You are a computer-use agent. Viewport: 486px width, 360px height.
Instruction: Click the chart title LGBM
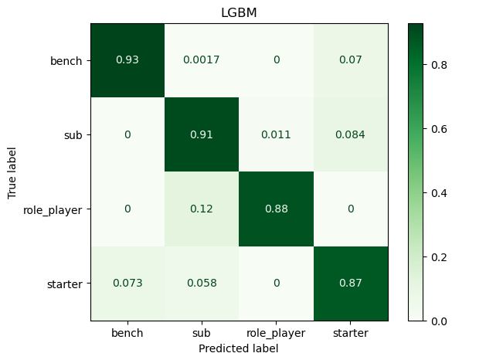tap(240, 13)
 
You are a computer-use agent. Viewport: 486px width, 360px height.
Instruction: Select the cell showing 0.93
tap(127, 60)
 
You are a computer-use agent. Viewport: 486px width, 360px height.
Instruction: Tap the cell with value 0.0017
tap(202, 60)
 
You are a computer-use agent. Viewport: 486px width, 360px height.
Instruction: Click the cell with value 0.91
tap(202, 134)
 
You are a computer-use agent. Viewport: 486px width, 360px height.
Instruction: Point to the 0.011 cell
tap(277, 134)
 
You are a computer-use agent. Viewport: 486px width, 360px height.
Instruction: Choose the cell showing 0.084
tap(351, 134)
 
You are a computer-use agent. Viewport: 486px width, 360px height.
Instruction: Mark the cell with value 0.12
tap(202, 209)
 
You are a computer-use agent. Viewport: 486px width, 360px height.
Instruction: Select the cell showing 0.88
tap(277, 209)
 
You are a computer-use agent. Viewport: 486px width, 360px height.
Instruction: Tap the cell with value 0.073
tap(127, 283)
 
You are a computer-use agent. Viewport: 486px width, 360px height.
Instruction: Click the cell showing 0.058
tap(202, 283)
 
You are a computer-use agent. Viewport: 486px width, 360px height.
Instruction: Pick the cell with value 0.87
tap(351, 283)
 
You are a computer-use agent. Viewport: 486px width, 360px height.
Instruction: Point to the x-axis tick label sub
tap(202, 334)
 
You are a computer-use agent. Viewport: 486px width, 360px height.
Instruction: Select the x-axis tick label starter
tap(351, 334)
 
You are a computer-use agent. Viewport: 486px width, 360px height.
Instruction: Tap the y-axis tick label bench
tap(67, 60)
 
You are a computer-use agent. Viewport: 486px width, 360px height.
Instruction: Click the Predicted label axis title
tap(240, 348)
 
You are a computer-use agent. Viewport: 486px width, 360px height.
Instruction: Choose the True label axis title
tap(13, 172)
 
